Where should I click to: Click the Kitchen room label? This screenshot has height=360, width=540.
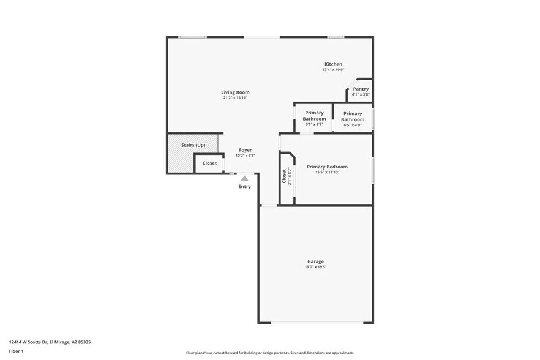point(333,64)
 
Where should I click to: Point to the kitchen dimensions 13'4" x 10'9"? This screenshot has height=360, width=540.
point(333,70)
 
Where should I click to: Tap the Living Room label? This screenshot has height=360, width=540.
point(235,92)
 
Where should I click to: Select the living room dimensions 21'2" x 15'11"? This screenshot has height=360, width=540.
point(235,98)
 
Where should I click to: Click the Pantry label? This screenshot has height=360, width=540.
point(361,89)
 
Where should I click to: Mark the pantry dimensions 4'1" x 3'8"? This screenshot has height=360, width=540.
point(361,94)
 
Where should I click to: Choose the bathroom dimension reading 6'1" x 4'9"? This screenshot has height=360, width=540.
point(314,124)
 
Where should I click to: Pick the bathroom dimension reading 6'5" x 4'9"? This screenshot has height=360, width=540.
point(353,125)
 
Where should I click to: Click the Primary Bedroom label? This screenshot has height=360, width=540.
point(327,167)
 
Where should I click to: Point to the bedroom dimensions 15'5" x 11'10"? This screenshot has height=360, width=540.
point(327,172)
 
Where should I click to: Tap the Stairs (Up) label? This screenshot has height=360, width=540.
point(193,145)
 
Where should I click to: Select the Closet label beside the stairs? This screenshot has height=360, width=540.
point(209,163)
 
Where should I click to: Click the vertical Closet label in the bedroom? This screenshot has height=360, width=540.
point(284,176)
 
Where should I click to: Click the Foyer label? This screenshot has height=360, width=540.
point(245,150)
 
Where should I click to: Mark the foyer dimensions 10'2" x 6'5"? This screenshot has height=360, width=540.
point(245,156)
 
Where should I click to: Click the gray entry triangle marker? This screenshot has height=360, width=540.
point(244,178)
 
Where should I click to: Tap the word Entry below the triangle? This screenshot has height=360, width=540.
point(244,187)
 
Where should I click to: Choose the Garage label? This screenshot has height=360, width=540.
point(316,261)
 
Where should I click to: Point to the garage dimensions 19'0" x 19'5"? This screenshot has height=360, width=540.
point(316,267)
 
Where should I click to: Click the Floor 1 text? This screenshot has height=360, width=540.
point(16,351)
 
